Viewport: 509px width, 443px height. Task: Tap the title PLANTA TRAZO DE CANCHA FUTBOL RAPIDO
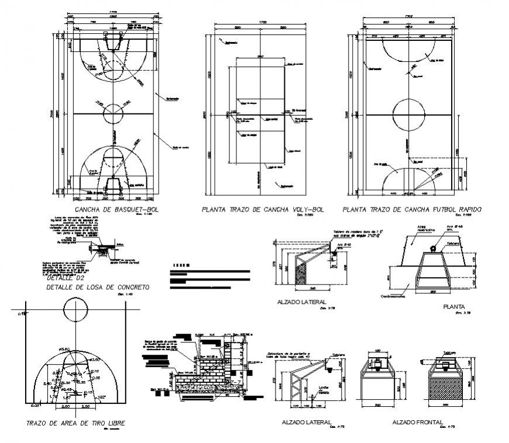[412, 209]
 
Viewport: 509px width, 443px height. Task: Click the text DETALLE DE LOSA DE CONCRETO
[97, 288]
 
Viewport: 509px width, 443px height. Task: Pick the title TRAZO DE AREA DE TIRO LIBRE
[75, 423]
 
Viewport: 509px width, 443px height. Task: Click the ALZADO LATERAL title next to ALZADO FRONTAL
[307, 422]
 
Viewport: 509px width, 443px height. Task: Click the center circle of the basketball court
[113, 112]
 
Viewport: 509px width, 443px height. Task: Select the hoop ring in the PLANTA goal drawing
[433, 249]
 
